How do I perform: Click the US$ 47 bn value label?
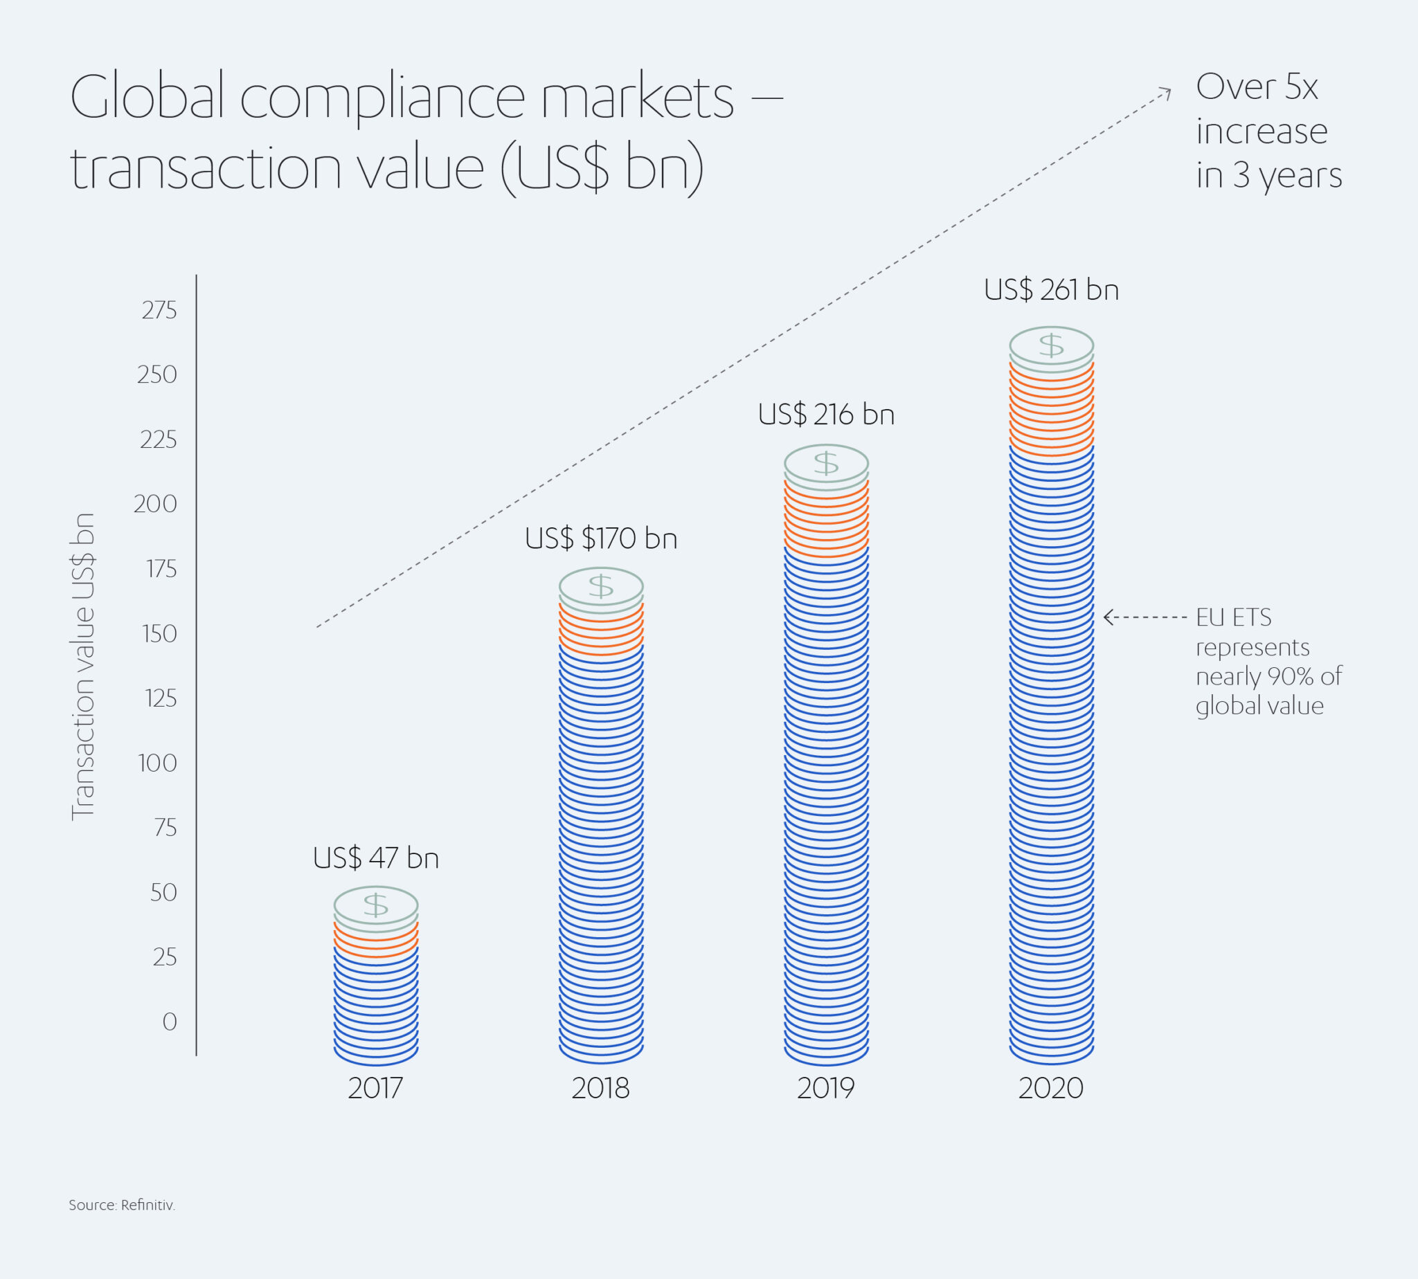click(x=375, y=858)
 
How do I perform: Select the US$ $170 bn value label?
click(x=600, y=539)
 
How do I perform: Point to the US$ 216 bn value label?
click(x=825, y=415)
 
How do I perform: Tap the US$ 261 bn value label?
click(x=1050, y=290)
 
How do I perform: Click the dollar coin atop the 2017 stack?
click(x=376, y=905)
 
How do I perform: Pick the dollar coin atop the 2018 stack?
click(x=601, y=586)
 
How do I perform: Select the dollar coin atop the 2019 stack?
click(x=826, y=463)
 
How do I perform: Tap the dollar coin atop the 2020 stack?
click(x=1051, y=345)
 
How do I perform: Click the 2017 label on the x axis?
click(x=375, y=1089)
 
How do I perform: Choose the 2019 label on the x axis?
click(x=825, y=1089)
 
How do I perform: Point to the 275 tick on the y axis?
click(x=159, y=310)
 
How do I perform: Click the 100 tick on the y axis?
click(x=157, y=763)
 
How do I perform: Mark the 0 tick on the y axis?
click(x=170, y=1021)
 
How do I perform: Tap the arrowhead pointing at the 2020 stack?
click(x=1109, y=617)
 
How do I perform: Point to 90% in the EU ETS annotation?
click(x=1291, y=676)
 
